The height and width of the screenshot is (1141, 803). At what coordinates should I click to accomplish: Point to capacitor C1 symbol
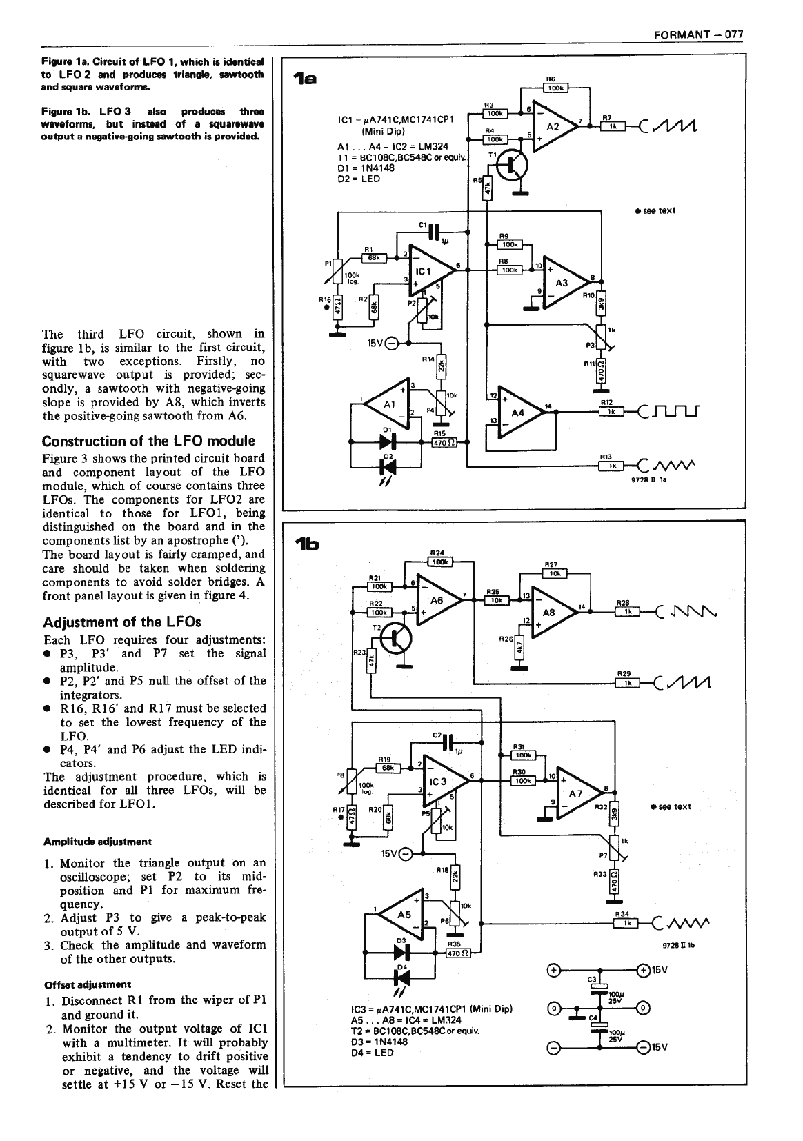coord(433,232)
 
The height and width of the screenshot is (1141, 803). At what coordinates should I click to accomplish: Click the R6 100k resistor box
coord(555,88)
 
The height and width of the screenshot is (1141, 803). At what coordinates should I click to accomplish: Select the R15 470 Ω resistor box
coord(442,443)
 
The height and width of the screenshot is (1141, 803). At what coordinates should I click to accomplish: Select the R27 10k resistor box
coord(554,573)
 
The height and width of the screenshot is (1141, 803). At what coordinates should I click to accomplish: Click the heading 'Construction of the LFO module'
coord(148,441)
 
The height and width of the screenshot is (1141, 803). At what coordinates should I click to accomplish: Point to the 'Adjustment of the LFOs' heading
coord(112,622)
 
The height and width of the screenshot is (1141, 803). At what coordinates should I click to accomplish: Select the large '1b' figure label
coord(306,543)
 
